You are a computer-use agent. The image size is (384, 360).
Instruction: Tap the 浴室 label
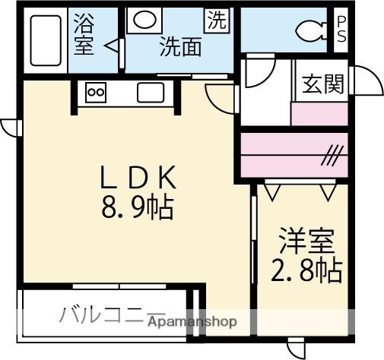(x=84, y=34)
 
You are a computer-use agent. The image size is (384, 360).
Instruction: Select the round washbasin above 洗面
(x=141, y=21)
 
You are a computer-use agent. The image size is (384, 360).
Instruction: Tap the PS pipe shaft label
(x=341, y=30)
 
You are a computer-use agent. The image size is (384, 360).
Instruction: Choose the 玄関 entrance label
(x=323, y=84)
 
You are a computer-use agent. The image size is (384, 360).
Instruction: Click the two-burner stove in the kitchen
(x=97, y=93)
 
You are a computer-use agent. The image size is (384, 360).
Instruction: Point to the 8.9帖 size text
(x=138, y=206)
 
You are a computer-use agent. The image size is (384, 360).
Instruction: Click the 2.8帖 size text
(x=306, y=270)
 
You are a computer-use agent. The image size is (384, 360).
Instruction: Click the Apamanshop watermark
(x=193, y=321)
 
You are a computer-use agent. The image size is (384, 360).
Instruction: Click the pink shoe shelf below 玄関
(x=319, y=113)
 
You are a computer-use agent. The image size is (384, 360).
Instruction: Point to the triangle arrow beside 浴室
(x=111, y=46)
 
